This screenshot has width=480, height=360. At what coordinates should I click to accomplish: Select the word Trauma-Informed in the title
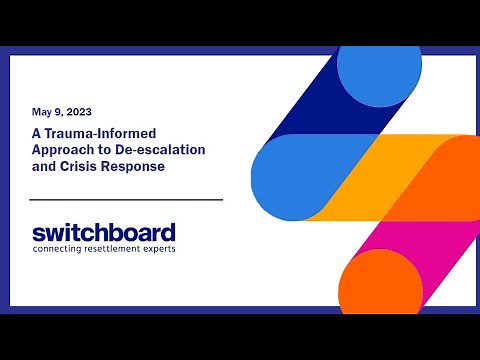coord(93,133)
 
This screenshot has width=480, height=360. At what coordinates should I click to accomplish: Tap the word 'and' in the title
coord(42,167)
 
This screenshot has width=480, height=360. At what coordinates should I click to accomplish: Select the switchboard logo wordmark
coord(103,232)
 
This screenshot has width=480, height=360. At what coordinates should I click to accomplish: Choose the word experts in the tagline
coord(160,248)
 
